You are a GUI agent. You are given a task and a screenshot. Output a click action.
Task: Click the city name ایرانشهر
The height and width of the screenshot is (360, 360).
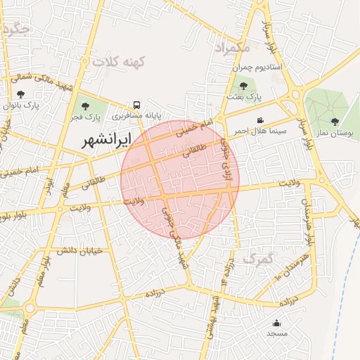[107, 139]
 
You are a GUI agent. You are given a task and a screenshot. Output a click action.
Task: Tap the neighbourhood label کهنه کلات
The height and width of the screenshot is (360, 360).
[118, 62]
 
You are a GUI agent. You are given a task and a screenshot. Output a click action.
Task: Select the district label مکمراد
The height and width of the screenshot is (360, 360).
[231, 47]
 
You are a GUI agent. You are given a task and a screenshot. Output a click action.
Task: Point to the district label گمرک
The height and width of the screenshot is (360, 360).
[257, 259]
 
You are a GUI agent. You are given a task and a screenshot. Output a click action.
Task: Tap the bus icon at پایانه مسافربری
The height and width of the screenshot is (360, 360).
[137, 104]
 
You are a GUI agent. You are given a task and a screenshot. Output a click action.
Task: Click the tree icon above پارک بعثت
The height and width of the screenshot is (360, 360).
[243, 86]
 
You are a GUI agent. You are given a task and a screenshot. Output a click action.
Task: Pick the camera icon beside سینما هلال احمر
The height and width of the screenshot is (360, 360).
[260, 120]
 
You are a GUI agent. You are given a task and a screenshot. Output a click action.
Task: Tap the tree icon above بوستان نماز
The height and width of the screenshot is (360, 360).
[335, 122]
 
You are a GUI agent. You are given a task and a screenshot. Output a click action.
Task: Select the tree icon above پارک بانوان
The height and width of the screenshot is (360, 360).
[20, 94]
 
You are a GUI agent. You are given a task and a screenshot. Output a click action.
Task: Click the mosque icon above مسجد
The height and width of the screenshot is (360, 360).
[277, 324]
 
